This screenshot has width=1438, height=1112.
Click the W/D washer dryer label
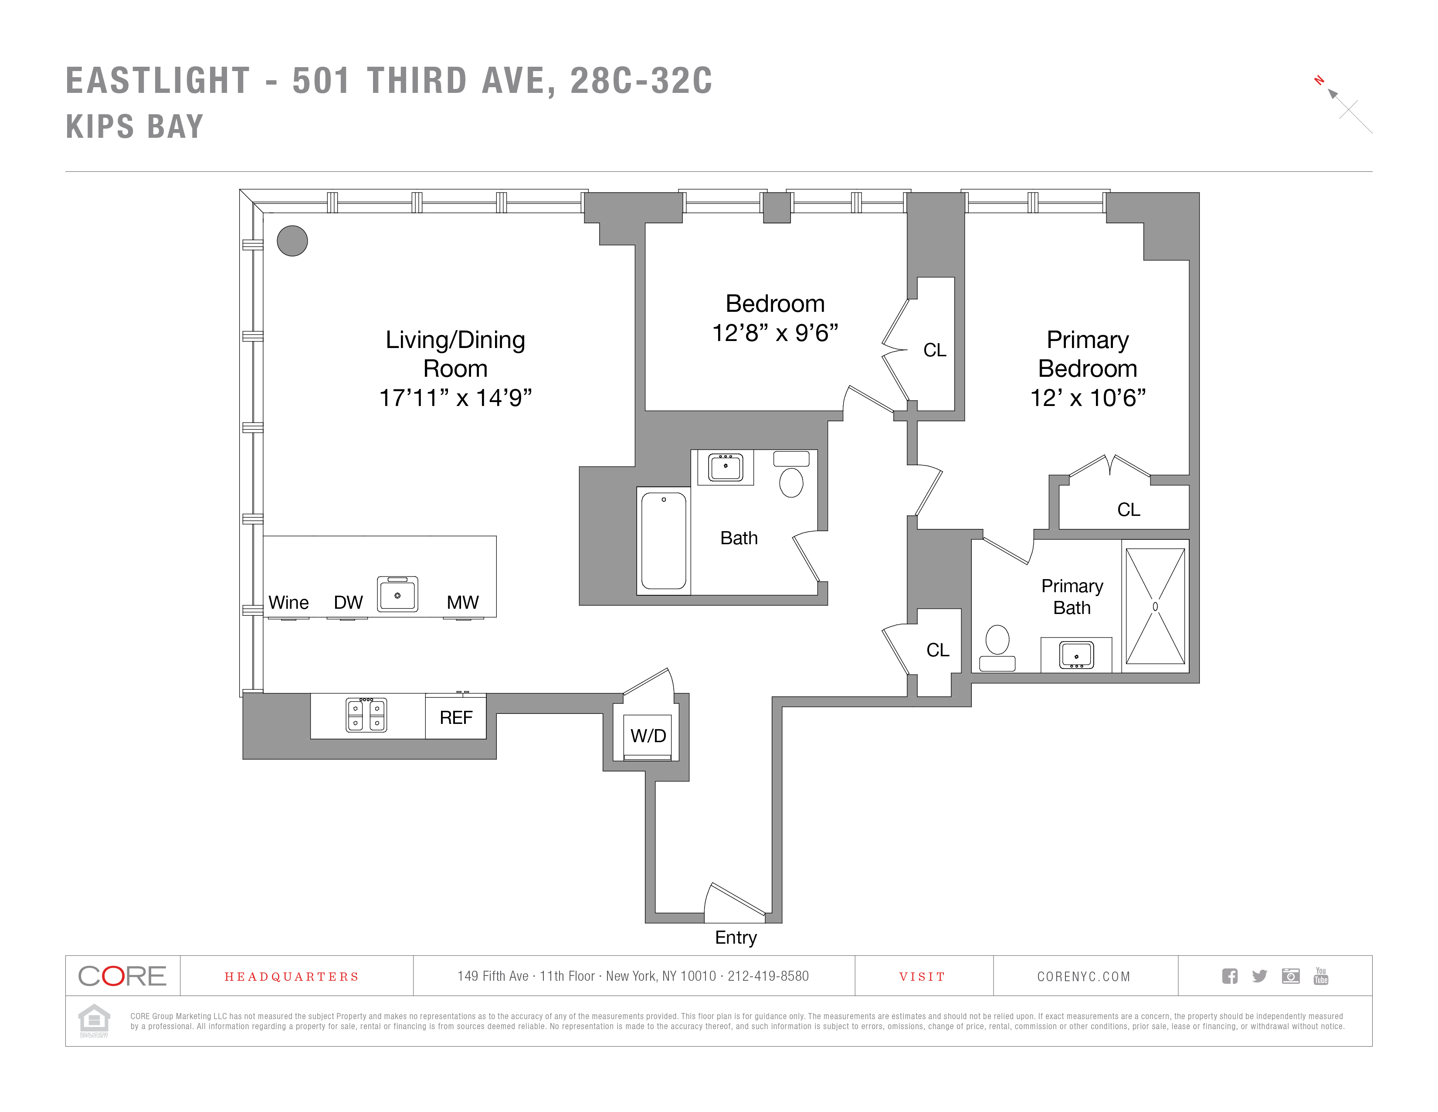(x=648, y=736)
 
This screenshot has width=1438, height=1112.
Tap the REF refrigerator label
(x=456, y=717)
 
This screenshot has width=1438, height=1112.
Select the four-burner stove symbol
(x=367, y=715)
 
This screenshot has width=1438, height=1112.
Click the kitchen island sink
(x=397, y=594)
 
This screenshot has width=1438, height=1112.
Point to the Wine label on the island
(x=288, y=603)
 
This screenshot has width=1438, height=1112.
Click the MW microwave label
(x=462, y=603)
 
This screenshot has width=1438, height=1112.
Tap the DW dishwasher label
(x=348, y=603)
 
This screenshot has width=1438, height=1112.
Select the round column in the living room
(x=292, y=241)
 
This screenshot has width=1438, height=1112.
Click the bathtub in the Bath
(x=664, y=541)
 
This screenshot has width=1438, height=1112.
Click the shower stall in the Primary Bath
(x=1155, y=606)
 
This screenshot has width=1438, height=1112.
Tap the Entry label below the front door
(x=736, y=938)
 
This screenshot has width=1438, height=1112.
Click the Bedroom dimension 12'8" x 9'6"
(x=775, y=333)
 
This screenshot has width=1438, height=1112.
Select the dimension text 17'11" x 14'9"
(x=455, y=398)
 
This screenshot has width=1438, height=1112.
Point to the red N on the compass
(x=1319, y=80)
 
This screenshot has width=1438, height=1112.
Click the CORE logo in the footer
(x=122, y=976)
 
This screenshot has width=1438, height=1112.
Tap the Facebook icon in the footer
(x=1229, y=976)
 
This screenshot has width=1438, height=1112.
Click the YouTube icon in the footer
(x=1320, y=976)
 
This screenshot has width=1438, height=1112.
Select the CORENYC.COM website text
(x=1083, y=977)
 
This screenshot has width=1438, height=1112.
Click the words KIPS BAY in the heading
(x=135, y=126)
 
